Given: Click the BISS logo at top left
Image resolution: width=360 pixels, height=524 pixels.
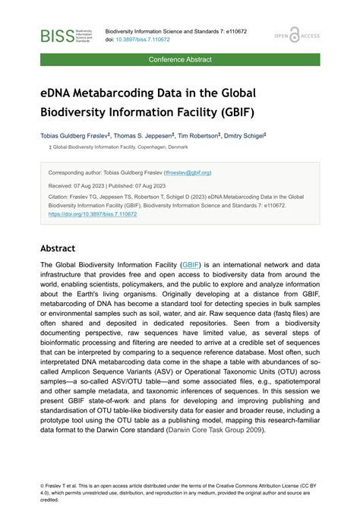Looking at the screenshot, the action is tap(67, 35).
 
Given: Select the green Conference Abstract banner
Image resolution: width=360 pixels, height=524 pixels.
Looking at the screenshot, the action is tap(180, 59).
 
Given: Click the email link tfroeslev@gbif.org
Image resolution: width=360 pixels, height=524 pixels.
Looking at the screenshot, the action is tap(187, 172).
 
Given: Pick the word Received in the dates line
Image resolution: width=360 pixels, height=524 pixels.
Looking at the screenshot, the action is tap(61, 185).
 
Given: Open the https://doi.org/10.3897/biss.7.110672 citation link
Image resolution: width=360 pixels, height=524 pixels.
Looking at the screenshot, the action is tap(92, 214).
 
